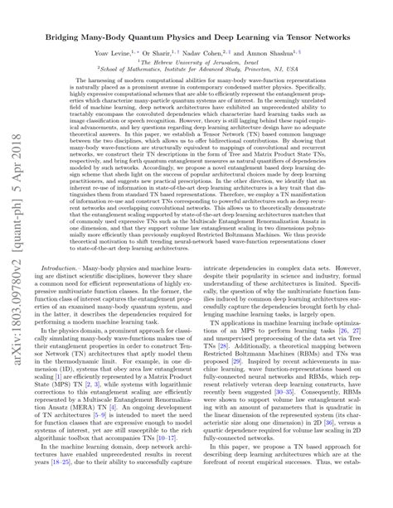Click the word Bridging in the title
[x=68, y=39]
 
